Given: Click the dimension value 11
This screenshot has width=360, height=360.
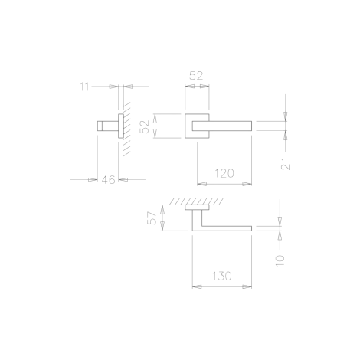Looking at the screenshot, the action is pyautogui.click(x=84, y=87).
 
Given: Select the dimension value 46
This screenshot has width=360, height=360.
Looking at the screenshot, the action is pyautogui.click(x=108, y=180).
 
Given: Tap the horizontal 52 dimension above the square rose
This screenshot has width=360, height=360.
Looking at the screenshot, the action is pyautogui.click(x=196, y=76).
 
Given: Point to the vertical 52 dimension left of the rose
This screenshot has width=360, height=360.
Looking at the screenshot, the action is pyautogui.click(x=146, y=126).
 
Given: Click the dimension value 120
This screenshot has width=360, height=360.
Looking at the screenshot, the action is pyautogui.click(x=224, y=173).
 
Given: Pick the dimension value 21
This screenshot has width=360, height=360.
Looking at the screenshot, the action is pyautogui.click(x=286, y=163).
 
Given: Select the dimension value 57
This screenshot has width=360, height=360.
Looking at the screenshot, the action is pyautogui.click(x=152, y=218).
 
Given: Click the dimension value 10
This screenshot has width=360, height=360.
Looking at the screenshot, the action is pyautogui.click(x=280, y=260).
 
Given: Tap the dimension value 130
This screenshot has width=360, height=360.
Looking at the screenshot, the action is pyautogui.click(x=222, y=276).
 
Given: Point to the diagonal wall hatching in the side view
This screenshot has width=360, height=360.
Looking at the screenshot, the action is pyautogui.click(x=127, y=129).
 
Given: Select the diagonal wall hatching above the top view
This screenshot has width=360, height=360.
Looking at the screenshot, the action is pyautogui.click(x=196, y=201).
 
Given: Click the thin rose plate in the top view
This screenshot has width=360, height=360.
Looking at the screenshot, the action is pyautogui.click(x=197, y=208).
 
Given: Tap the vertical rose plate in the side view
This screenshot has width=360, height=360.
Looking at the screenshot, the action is pyautogui.click(x=121, y=126).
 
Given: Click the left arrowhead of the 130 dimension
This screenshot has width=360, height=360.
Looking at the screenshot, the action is pyautogui.click(x=197, y=286).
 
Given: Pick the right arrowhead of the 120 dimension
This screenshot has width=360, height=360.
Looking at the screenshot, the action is pyautogui.click(x=247, y=184).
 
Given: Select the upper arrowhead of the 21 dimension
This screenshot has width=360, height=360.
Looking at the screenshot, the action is pyautogui.click(x=285, y=116).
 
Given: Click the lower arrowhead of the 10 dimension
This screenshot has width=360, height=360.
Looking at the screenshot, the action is pyautogui.click(x=280, y=236).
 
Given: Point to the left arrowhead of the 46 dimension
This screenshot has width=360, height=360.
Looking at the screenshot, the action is pyautogui.click(x=93, y=180).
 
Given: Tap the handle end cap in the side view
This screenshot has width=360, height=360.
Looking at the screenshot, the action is pyautogui.click(x=100, y=126).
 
